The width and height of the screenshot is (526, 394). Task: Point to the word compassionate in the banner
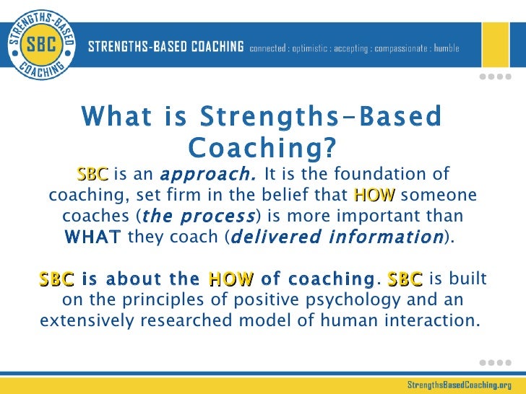pyautogui.click(x=415, y=48)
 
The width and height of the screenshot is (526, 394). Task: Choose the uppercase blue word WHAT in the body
pyautogui.click(x=93, y=237)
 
